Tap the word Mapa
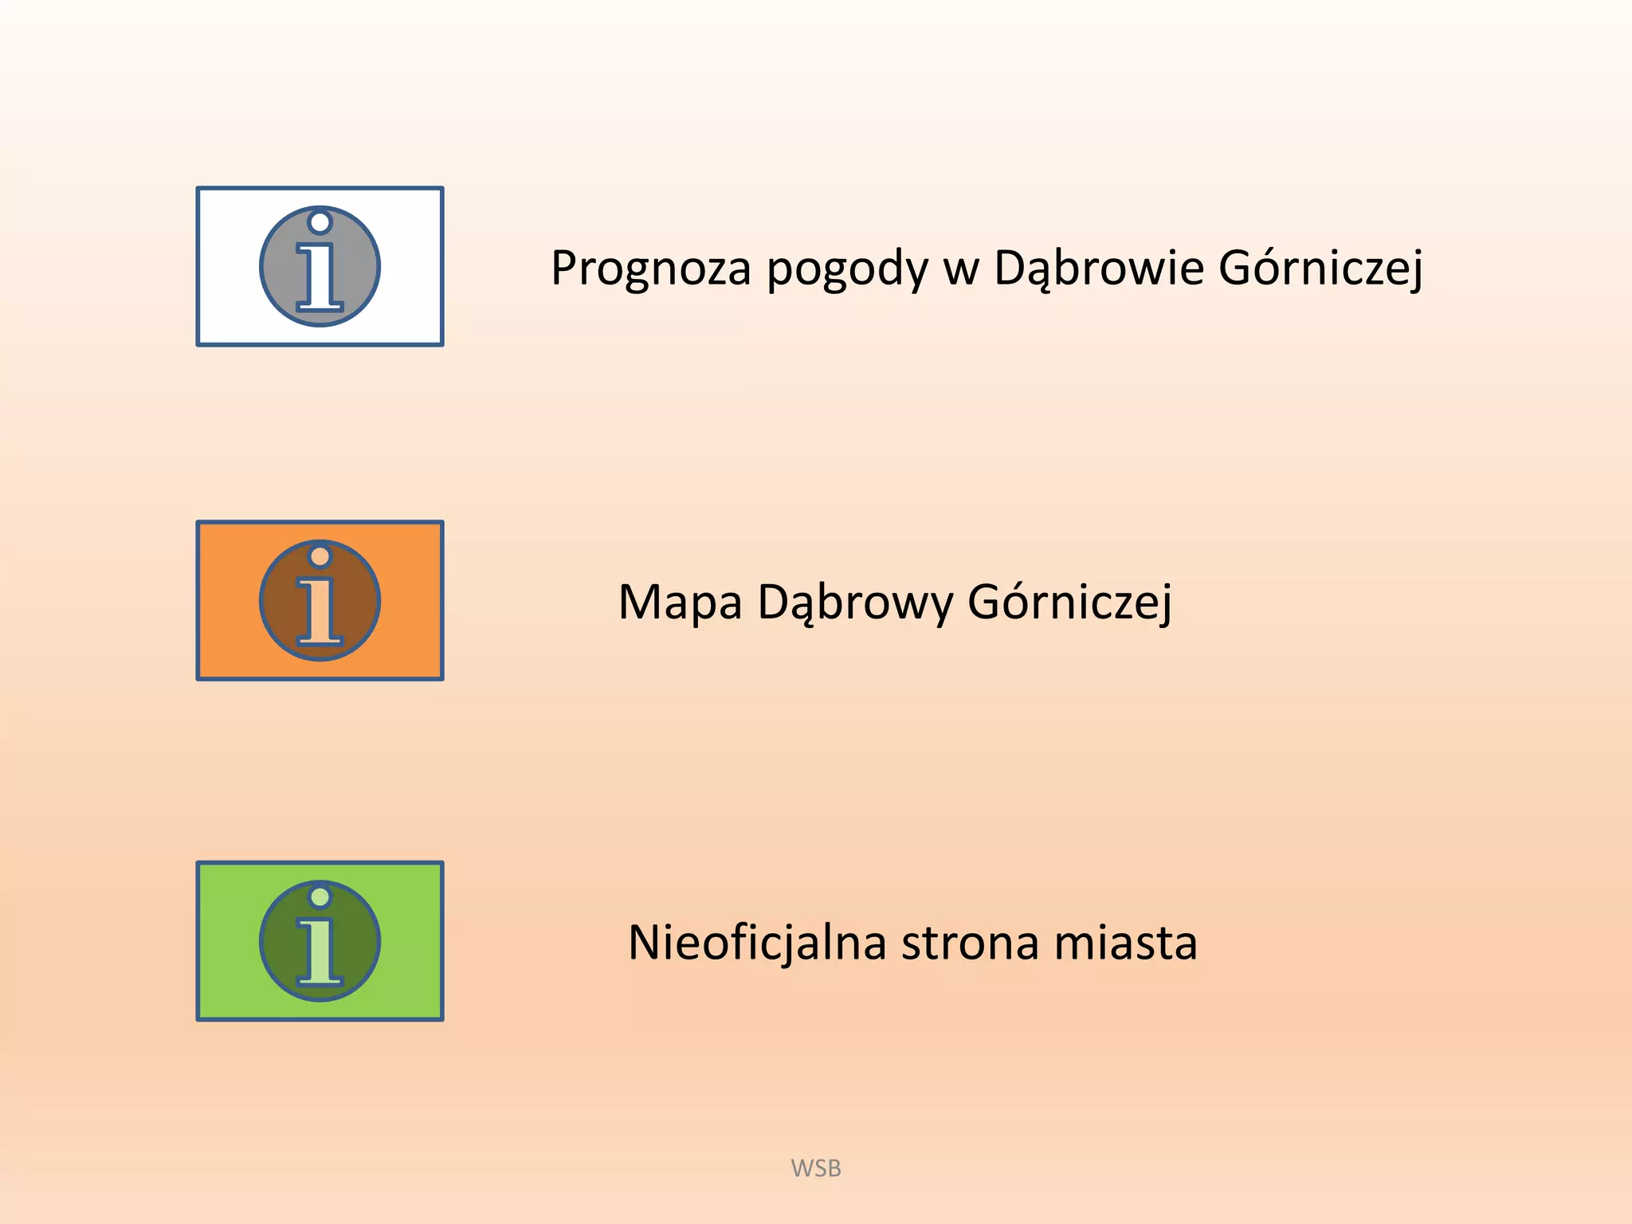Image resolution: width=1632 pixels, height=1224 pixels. click(680, 602)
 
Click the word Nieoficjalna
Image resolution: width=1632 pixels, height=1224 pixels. click(757, 943)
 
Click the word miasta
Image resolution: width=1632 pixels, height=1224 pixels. click(1126, 943)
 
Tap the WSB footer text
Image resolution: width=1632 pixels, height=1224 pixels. click(816, 1168)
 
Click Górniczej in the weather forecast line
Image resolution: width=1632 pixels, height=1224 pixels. click(1320, 268)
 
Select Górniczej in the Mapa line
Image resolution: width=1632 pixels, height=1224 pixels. click(1069, 602)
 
